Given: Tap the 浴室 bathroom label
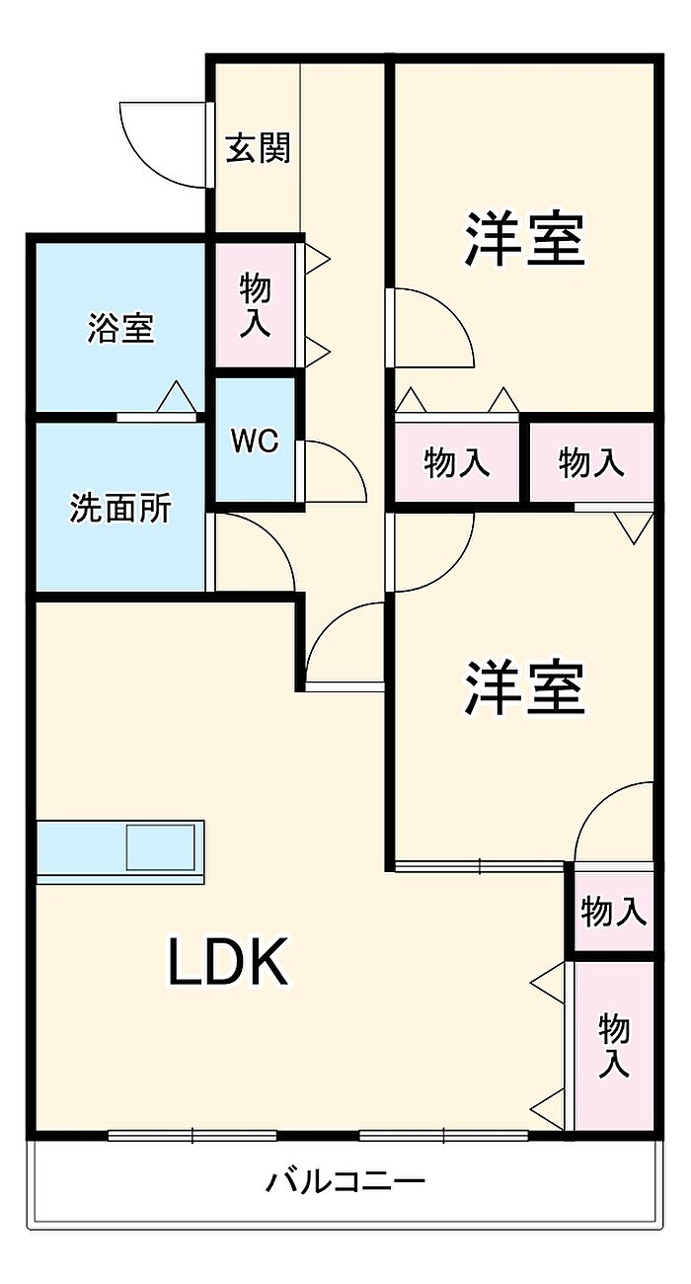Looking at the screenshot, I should pyautogui.click(x=120, y=328).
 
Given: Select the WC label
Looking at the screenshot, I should pyautogui.click(x=255, y=441).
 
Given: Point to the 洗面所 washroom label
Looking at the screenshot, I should pyautogui.click(x=120, y=508).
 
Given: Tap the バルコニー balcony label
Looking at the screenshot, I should pyautogui.click(x=345, y=1180).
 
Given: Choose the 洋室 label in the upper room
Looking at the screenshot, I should pyautogui.click(x=525, y=239).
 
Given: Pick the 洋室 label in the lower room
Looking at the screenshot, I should pyautogui.click(x=525, y=687).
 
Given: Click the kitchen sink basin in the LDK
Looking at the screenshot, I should pyautogui.click(x=162, y=848).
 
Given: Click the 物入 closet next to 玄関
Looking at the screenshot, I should pyautogui.click(x=255, y=306).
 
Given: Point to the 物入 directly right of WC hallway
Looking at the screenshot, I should pyautogui.click(x=456, y=462).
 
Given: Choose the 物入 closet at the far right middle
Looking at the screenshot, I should pyautogui.click(x=591, y=462).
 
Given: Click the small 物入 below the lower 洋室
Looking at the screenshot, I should pyautogui.click(x=613, y=912).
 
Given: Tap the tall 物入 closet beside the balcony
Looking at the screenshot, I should pyautogui.click(x=614, y=1047).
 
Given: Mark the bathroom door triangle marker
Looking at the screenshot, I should pyautogui.click(x=178, y=397).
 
